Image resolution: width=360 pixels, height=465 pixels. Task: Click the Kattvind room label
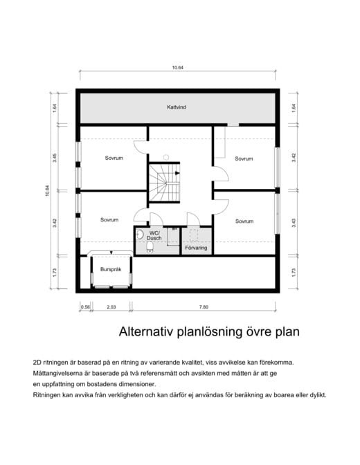(x=177, y=107)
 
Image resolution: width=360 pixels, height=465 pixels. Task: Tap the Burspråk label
(x=111, y=270)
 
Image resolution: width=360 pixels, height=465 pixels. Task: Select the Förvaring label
(x=196, y=248)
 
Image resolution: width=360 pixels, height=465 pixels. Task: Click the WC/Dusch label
(x=154, y=235)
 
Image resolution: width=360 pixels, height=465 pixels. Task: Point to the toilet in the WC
(x=150, y=247)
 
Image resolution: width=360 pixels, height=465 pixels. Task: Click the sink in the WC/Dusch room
(x=139, y=235)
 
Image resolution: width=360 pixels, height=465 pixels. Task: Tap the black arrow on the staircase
(x=177, y=173)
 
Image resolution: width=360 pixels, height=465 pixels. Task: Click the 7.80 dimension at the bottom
(x=204, y=307)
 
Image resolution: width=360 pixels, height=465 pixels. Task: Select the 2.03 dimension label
(x=111, y=307)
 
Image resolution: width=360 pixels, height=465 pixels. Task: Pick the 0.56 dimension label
(x=85, y=307)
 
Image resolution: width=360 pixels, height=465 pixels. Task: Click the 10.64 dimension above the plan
(x=178, y=68)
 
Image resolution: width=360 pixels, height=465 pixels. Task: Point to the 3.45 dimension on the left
(x=55, y=158)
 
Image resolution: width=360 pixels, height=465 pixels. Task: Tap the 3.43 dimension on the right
(x=294, y=223)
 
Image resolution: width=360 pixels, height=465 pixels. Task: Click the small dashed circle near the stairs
(x=166, y=157)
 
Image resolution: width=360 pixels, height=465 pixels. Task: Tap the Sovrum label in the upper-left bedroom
(x=114, y=158)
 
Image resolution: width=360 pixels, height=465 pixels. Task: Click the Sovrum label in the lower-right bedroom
(x=244, y=221)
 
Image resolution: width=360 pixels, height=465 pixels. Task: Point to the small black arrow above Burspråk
(x=111, y=253)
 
